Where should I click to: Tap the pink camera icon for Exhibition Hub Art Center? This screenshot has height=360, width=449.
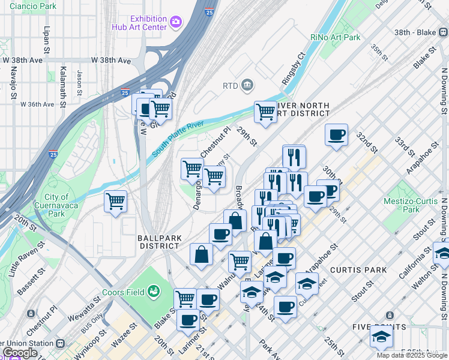click(x=176, y=22)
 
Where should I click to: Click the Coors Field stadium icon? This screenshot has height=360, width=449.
click(x=154, y=292)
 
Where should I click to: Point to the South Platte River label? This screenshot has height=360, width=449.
click(x=179, y=140)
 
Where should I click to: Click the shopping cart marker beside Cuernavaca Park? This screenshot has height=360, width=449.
click(x=115, y=202)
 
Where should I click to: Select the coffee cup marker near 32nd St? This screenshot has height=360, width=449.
click(x=337, y=134)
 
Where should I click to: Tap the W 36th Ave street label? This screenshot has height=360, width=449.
click(x=37, y=104)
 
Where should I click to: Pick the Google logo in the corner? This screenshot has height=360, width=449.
click(x=20, y=353)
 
